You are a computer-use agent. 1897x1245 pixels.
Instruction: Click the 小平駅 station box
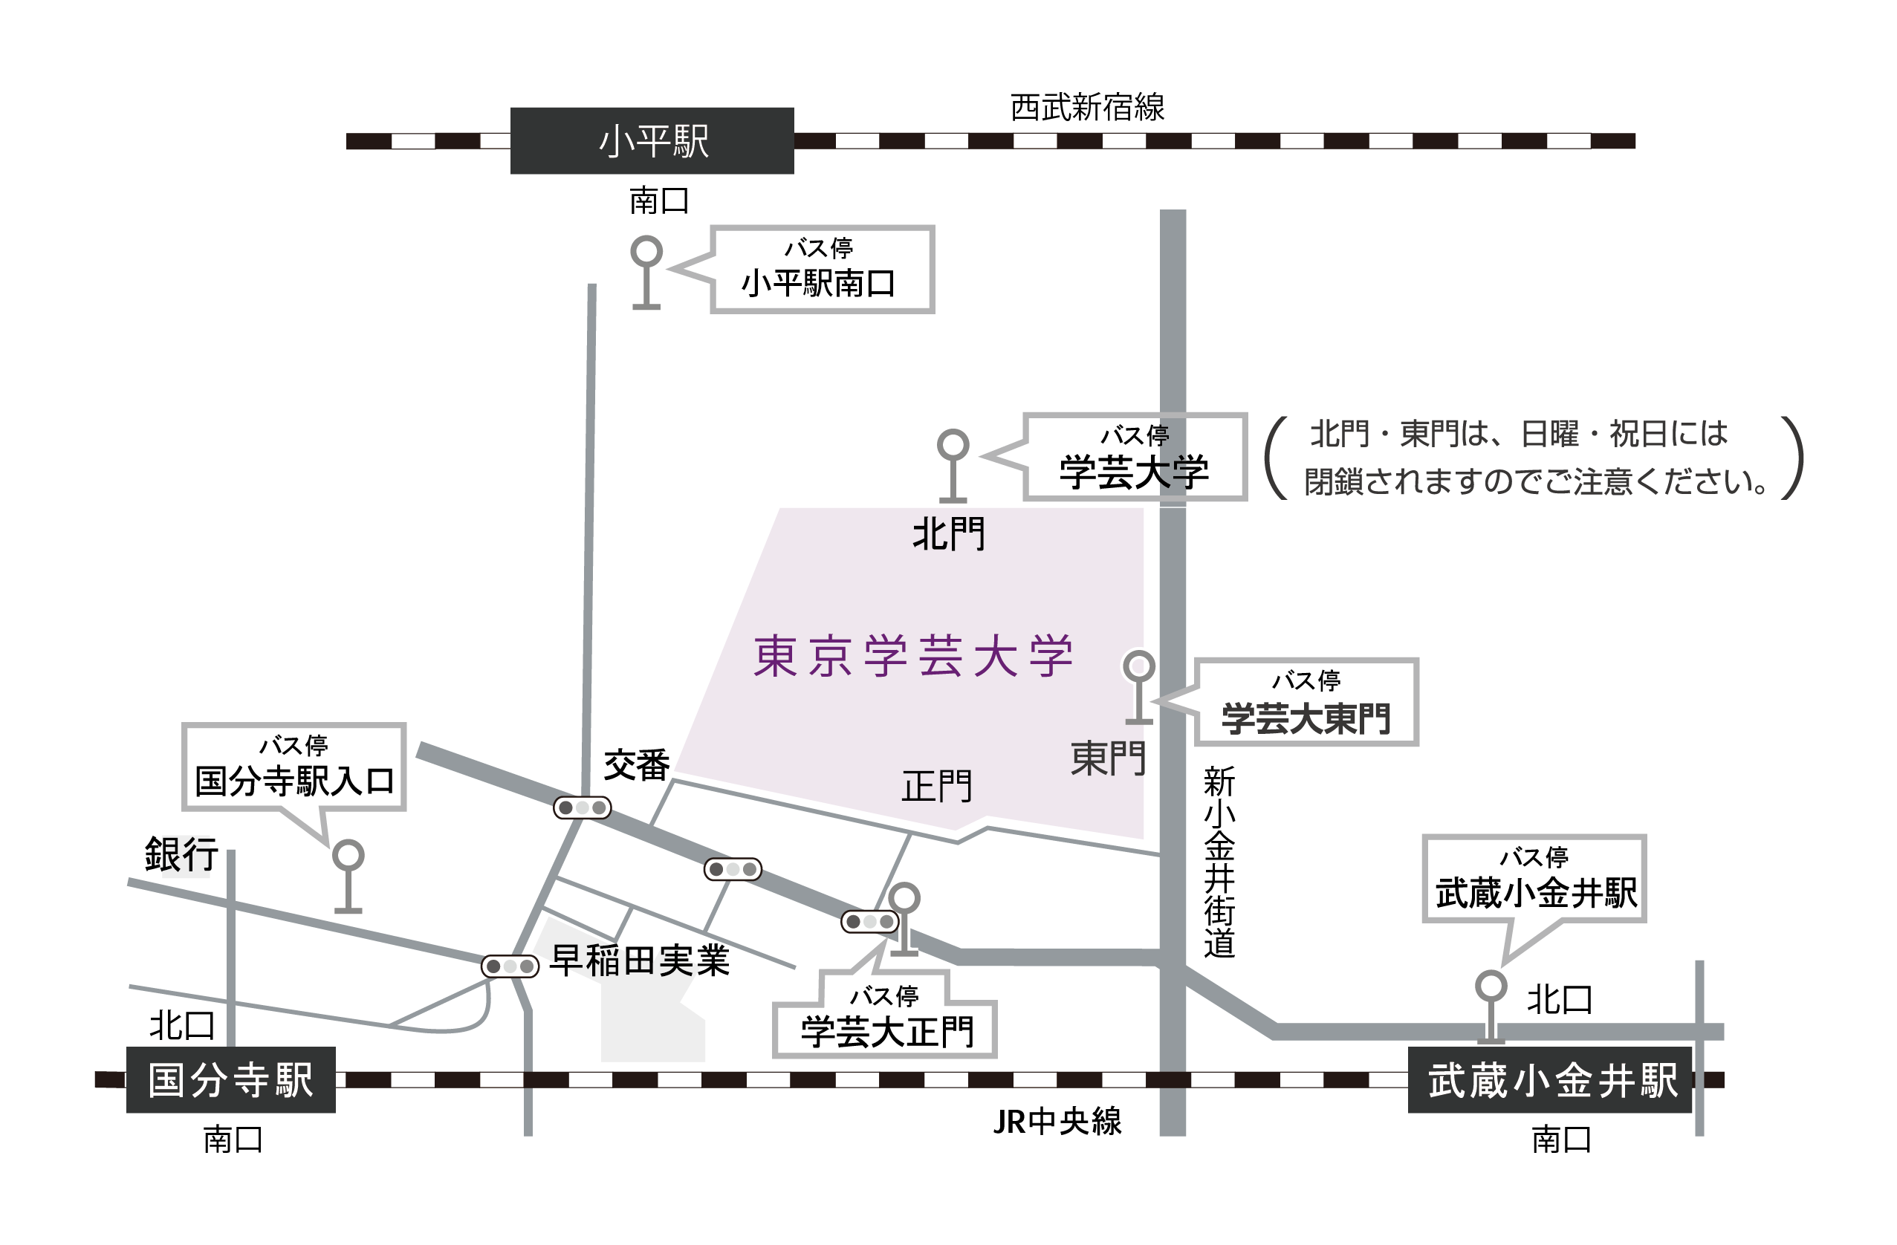tap(652, 141)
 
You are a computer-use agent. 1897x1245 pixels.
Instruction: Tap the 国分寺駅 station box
tap(230, 1080)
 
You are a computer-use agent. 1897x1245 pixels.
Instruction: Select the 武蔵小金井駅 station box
tap(1551, 1081)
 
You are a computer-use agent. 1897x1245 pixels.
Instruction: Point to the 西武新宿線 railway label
tap(1087, 108)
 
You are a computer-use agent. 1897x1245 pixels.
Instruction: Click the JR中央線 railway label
tap(1057, 1122)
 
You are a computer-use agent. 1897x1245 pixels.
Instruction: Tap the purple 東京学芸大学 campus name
tap(913, 657)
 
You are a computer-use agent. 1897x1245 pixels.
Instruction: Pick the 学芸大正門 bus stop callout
tap(886, 1021)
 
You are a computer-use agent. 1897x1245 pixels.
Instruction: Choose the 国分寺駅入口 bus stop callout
tap(294, 767)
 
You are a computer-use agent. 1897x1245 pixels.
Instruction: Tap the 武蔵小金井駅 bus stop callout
tap(1534, 878)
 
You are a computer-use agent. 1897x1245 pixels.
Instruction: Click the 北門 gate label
tap(948, 534)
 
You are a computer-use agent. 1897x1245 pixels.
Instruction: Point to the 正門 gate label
tap(936, 787)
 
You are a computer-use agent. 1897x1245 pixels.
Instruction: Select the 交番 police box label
tap(636, 765)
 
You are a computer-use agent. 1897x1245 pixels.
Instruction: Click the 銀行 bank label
tap(182, 854)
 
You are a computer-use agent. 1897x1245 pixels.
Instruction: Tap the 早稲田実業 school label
tap(640, 960)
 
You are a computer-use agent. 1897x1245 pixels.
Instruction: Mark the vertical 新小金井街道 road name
tap(1219, 862)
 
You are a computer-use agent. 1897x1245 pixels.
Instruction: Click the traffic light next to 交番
tap(582, 807)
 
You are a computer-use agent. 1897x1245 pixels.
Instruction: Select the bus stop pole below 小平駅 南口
tap(646, 272)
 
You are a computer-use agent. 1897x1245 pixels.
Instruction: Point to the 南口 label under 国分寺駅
tap(233, 1140)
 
